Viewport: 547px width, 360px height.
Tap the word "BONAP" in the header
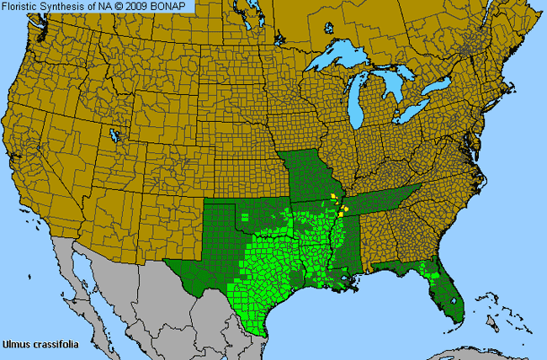click(176, 6)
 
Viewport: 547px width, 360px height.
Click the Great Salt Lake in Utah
click(114, 135)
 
